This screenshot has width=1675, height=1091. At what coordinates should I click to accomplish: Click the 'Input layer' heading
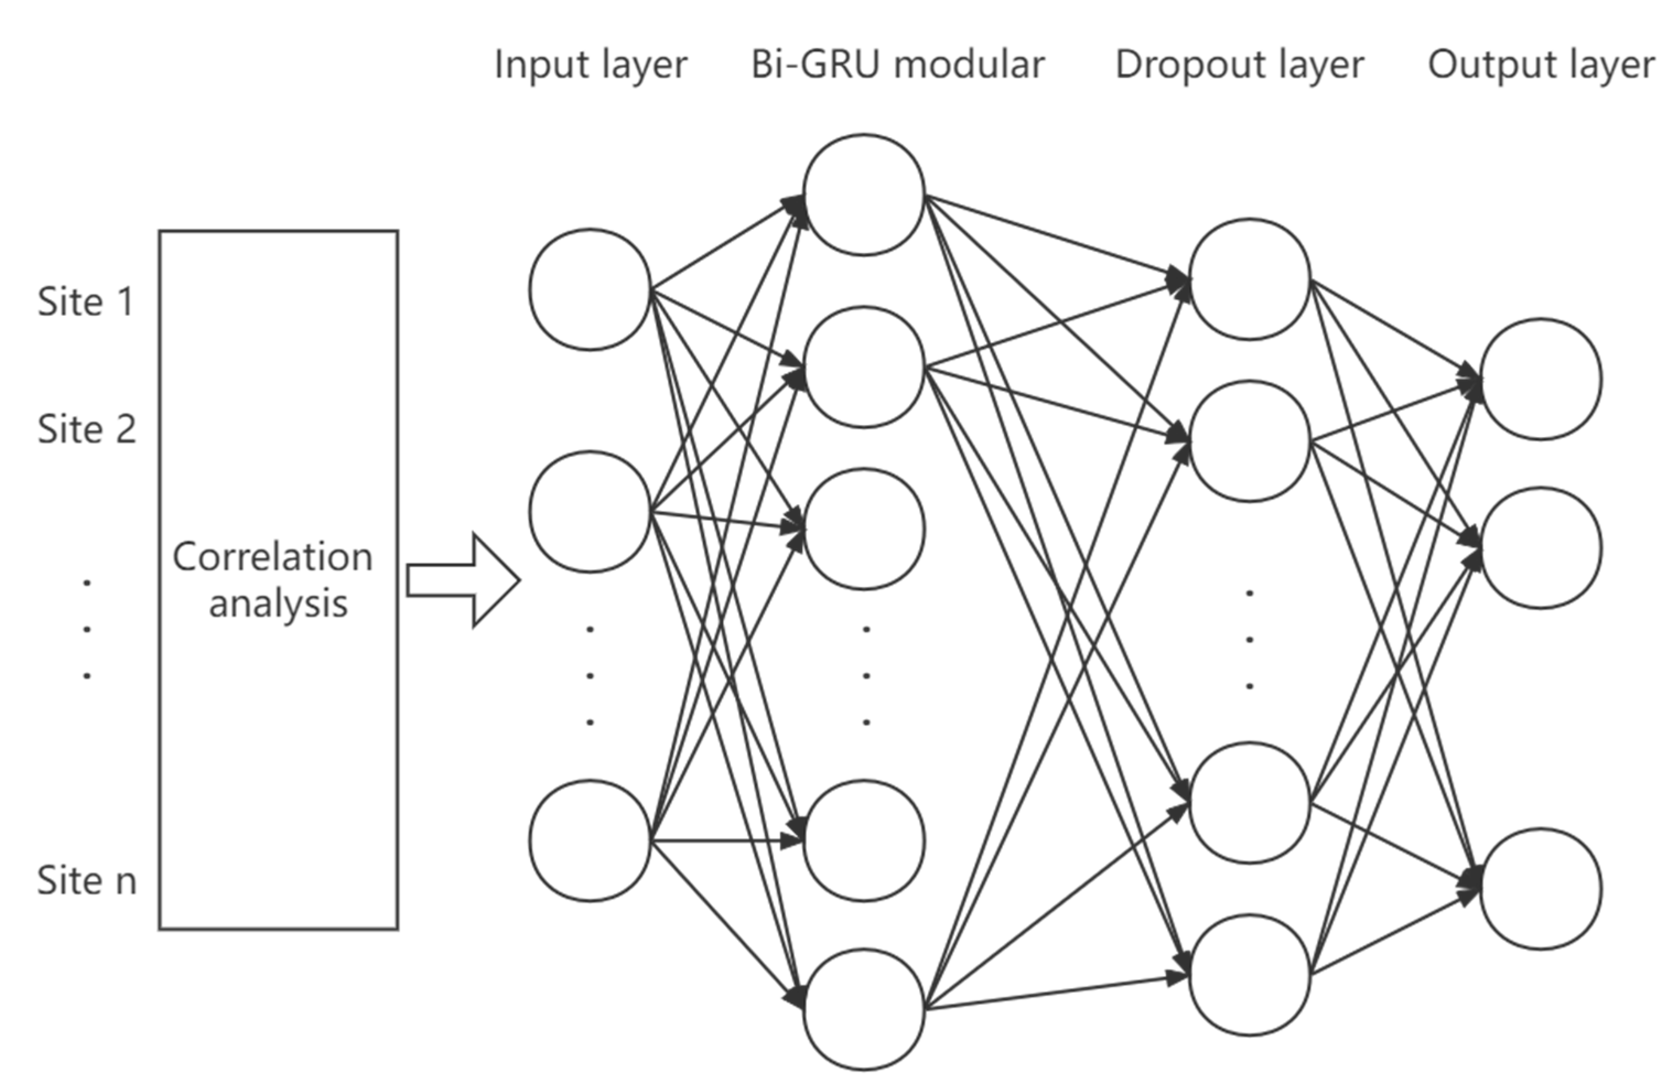[591, 66]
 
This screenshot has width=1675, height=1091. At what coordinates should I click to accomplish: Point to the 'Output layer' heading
[1541, 66]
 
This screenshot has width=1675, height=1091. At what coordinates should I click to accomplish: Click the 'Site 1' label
[85, 302]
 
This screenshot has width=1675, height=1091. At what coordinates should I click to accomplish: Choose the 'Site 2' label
[87, 429]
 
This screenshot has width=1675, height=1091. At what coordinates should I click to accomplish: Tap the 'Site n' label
[87, 881]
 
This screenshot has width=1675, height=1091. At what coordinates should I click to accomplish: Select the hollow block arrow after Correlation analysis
[463, 581]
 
